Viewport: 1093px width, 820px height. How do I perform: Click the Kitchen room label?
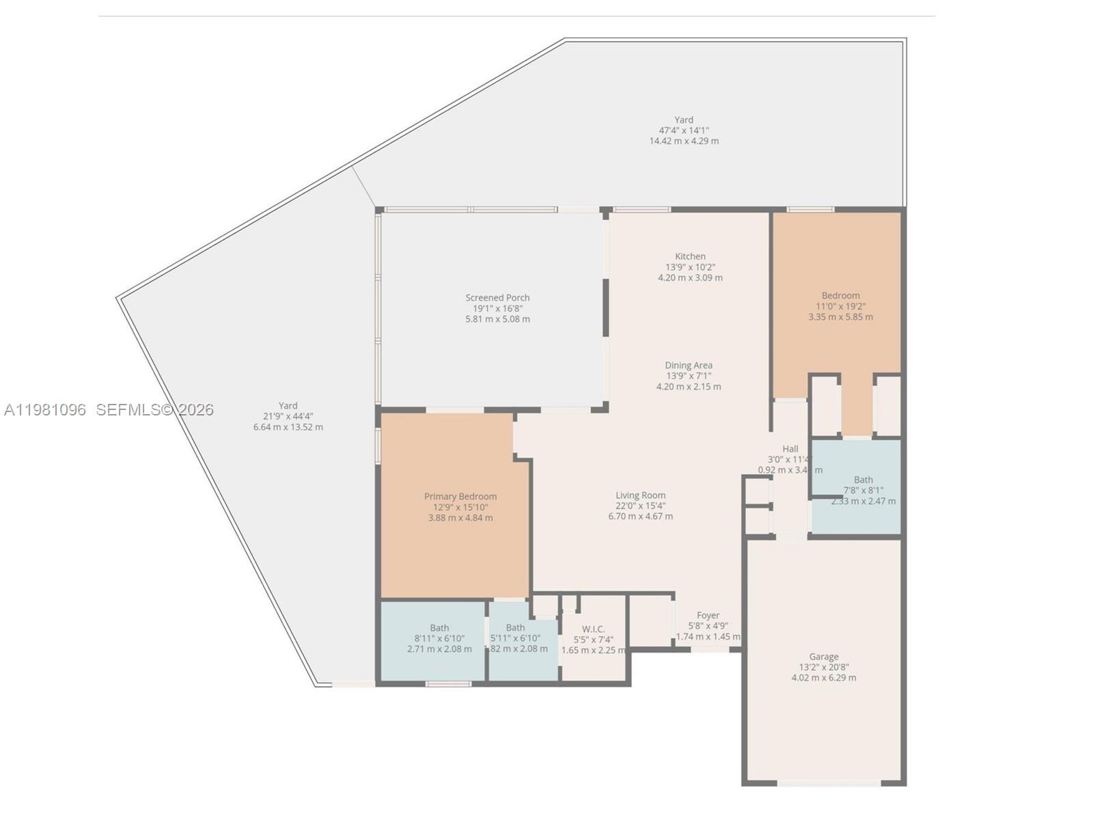click(x=690, y=256)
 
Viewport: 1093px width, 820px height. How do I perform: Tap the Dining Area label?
click(x=689, y=365)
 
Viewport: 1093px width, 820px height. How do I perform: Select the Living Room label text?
click(x=640, y=495)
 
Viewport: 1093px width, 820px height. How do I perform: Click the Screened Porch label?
click(x=497, y=297)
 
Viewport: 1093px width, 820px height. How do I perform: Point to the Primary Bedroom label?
click(x=460, y=497)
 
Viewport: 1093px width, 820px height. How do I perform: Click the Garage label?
click(x=823, y=657)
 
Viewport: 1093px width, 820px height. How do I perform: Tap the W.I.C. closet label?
click(x=593, y=629)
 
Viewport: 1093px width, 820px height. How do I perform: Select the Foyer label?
click(x=708, y=615)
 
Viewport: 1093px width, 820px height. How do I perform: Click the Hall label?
click(x=790, y=449)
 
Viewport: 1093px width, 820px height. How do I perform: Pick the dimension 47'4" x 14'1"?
click(x=683, y=130)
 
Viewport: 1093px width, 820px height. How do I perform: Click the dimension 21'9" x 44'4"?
click(x=288, y=416)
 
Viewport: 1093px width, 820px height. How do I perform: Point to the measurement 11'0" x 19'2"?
click(x=840, y=306)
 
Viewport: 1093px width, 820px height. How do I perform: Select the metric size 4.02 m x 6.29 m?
click(x=823, y=678)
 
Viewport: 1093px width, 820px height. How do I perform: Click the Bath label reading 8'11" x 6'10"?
click(x=439, y=628)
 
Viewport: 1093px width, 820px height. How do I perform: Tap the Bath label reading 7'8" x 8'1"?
click(x=863, y=480)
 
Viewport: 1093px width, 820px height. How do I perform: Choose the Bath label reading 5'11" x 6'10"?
click(x=515, y=628)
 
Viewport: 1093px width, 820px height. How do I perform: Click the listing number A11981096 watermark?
click(x=45, y=410)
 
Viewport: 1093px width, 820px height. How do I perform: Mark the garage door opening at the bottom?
click(x=829, y=784)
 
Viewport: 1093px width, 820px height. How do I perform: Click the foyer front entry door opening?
click(x=710, y=650)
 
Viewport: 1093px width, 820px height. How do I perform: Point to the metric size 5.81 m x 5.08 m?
click(x=497, y=319)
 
